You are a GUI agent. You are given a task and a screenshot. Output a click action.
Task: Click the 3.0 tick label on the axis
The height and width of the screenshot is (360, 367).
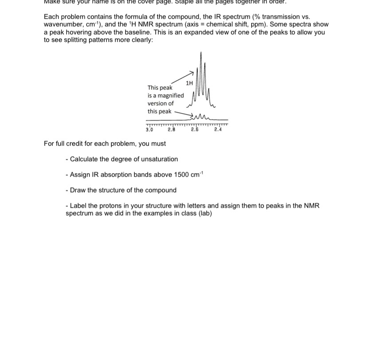pyautogui.click(x=149, y=130)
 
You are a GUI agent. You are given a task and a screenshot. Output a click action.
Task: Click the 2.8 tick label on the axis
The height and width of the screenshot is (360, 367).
pyautogui.click(x=172, y=130)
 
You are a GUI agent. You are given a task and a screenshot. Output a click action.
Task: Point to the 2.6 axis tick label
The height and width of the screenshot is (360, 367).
pyautogui.click(x=195, y=130)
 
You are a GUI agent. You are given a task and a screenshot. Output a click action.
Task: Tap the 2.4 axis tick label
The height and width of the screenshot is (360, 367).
pyautogui.click(x=218, y=130)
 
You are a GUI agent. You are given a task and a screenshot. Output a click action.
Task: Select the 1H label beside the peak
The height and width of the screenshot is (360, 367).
pyautogui.click(x=189, y=83)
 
